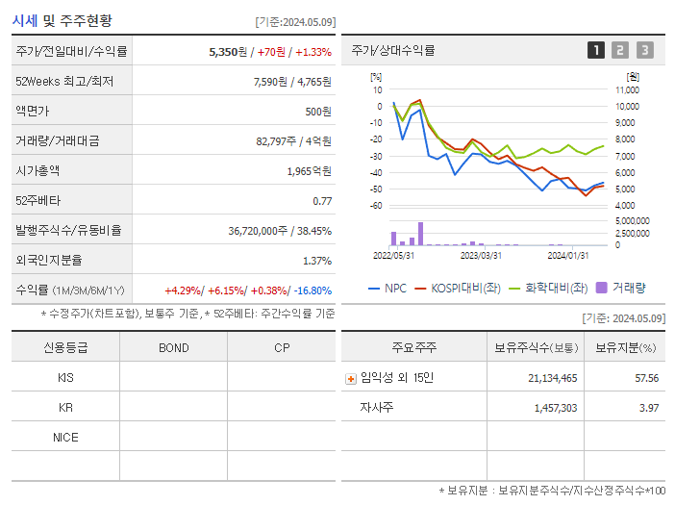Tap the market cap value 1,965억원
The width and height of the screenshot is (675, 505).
point(309,171)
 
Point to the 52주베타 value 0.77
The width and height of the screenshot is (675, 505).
point(322,201)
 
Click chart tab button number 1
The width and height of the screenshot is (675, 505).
point(596,50)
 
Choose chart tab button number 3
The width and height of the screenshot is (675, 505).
point(644,50)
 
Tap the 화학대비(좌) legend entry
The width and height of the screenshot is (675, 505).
point(549,288)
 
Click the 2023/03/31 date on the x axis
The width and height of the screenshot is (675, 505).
point(481,255)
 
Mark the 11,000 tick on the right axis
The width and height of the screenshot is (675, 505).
point(627,89)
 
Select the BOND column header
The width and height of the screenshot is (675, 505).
point(173,347)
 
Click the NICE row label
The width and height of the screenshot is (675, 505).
point(65,437)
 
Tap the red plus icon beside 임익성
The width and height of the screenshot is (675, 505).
point(351,379)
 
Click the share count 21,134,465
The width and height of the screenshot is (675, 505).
point(553,378)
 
